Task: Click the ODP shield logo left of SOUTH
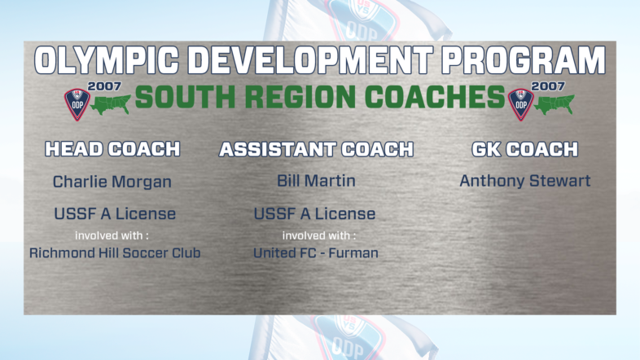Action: coord(77,103)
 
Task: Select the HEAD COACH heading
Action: coord(112,149)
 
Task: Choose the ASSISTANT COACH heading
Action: coord(316,149)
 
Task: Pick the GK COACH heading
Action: coord(525,149)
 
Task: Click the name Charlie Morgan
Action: coord(112,181)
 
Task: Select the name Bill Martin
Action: coord(315,181)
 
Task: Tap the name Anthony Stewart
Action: coord(525,181)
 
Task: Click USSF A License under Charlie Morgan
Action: coord(114,214)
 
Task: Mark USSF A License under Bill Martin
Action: coord(315,214)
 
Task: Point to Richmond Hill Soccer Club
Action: coord(115,252)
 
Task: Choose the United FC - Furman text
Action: coord(315,252)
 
